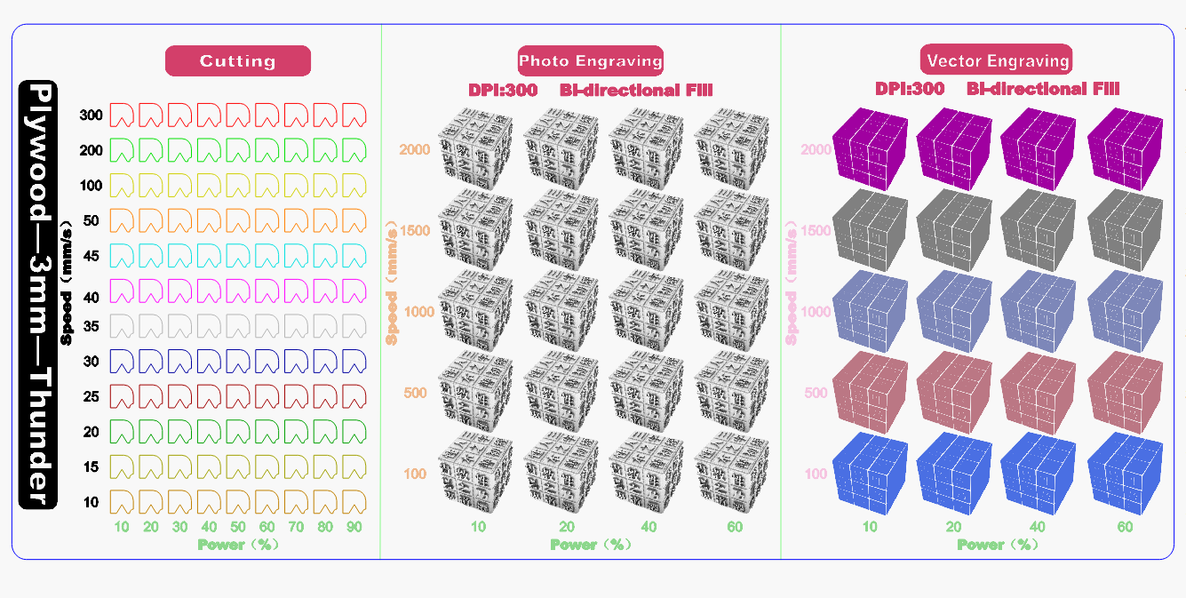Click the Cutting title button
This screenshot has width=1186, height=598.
tap(238, 61)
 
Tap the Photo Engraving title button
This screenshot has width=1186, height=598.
tap(591, 61)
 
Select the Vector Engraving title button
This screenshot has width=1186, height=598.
tap(997, 61)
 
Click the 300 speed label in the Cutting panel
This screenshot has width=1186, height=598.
tap(92, 116)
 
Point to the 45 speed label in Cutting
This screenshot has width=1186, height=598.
tap(92, 257)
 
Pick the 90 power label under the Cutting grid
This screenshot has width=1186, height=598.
tap(354, 528)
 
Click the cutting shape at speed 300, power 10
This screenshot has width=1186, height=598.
tap(122, 115)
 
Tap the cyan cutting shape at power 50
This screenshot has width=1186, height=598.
tap(238, 256)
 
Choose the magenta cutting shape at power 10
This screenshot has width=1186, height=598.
tap(122, 291)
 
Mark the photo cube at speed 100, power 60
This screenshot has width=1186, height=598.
tap(732, 473)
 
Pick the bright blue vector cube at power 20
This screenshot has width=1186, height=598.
tap(953, 473)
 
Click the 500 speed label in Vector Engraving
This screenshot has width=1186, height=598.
tap(816, 393)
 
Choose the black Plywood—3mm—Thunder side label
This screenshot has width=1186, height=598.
tap(38, 295)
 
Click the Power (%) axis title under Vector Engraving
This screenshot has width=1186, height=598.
tap(997, 545)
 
